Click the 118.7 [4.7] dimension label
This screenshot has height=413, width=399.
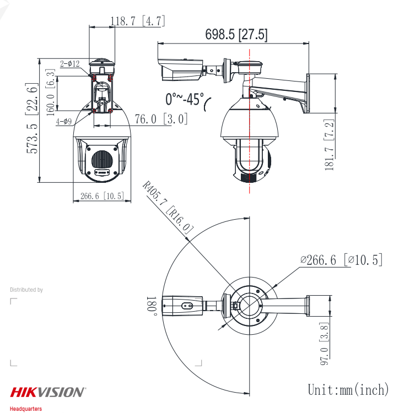coord(138,21)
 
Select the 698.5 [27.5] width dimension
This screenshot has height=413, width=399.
coord(236,35)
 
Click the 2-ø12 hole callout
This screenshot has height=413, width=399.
coord(70,64)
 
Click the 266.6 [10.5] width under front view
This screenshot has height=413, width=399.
coord(102,196)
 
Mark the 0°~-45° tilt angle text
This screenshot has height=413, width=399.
coord(185,99)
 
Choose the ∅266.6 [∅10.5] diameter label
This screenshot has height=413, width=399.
coord(340,260)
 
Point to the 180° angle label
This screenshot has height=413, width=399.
coord(152,306)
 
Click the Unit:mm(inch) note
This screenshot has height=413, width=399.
coord(348,390)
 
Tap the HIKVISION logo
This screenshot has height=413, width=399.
coord(48,392)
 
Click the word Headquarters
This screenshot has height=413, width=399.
coord(25,409)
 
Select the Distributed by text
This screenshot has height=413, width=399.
coord(26,290)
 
